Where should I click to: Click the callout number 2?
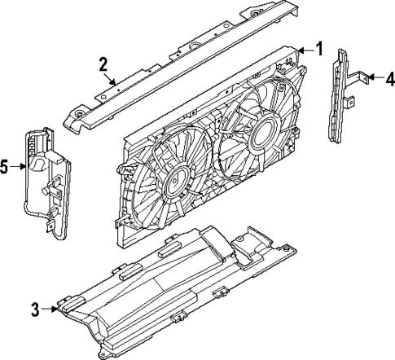(104, 64)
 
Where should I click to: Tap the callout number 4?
(389, 79)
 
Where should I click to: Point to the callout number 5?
(5, 168)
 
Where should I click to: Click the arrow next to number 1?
(305, 51)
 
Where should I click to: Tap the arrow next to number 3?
(50, 309)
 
